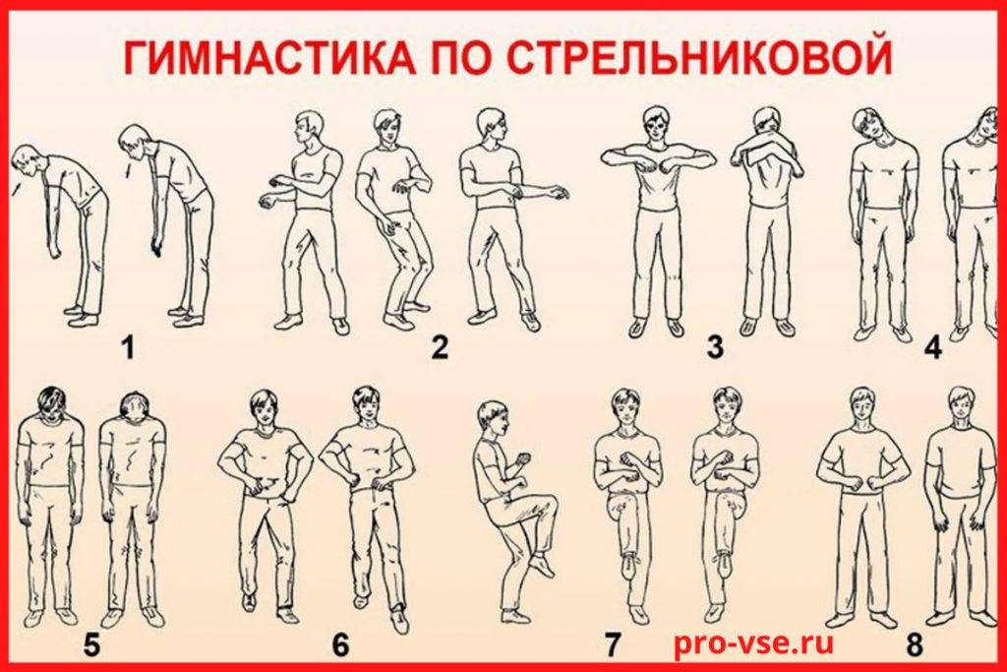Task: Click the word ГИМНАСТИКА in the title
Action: [x=268, y=58]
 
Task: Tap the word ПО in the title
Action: [x=460, y=58]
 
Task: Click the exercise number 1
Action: [x=129, y=348]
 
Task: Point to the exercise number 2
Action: [x=440, y=347]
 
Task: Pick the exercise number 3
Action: [x=715, y=347]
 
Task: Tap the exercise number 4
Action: [x=932, y=348]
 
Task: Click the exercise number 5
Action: [x=91, y=645]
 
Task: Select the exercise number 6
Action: [x=341, y=645]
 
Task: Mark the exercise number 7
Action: [x=614, y=645]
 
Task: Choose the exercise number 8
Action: [x=915, y=645]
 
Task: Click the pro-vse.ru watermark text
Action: [x=753, y=642]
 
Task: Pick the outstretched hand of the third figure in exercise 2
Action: [x=558, y=192]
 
